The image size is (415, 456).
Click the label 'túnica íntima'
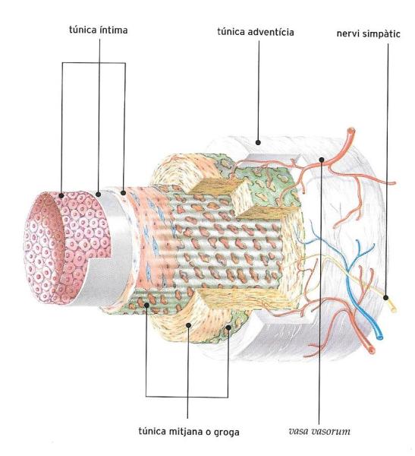[98, 30]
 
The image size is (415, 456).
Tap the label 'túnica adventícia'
[256, 32]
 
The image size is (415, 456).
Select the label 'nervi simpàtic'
[368, 33]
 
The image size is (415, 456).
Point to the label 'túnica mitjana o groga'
[189, 432]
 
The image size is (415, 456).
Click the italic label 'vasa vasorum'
[319, 431]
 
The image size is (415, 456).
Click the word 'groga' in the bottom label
[227, 432]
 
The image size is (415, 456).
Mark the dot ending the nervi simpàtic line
[385, 297]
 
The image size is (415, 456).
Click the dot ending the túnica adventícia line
[258, 143]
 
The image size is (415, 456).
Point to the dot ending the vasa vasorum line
[321, 160]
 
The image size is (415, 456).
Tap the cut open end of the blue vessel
[379, 337]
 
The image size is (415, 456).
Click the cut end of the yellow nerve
[394, 309]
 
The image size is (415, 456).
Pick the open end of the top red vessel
[351, 131]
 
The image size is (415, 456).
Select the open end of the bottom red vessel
[372, 350]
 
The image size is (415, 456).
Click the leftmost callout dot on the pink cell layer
[61, 195]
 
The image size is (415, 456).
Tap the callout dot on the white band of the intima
[99, 194]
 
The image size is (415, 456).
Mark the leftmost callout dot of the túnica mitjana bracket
[147, 305]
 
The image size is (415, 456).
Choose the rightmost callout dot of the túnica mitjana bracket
[228, 328]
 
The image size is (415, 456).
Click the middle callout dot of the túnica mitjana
[188, 325]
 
